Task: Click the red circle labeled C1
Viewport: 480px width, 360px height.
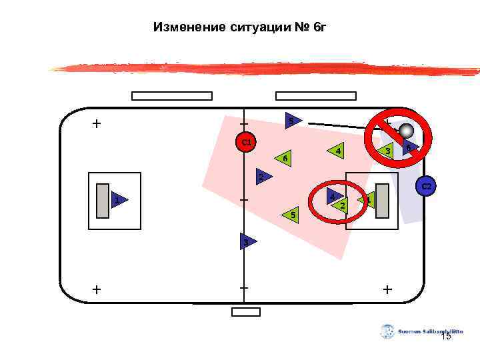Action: point(246,142)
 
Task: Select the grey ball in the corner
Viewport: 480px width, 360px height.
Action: point(406,132)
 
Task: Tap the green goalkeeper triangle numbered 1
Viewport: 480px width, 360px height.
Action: point(367,199)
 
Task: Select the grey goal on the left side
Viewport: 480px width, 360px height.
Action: point(103,200)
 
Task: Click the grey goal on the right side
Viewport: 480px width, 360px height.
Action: point(383,200)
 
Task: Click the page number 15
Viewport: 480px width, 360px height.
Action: point(446,337)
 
